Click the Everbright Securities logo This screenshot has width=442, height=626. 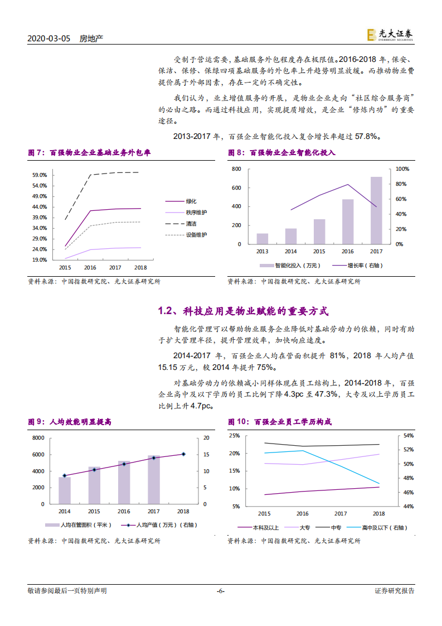pyautogui.click(x=390, y=35)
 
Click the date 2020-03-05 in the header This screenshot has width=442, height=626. pyautogui.click(x=49, y=38)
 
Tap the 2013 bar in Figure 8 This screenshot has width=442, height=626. pyautogui.click(x=262, y=238)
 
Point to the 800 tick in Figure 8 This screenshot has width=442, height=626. pyautogui.click(x=236, y=168)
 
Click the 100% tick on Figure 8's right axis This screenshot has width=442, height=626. pyautogui.click(x=402, y=168)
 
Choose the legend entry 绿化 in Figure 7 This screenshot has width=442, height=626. pyautogui.click(x=191, y=201)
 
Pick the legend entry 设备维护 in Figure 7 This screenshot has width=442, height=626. pyautogui.click(x=196, y=235)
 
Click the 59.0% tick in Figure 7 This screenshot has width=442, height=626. pyautogui.click(x=40, y=175)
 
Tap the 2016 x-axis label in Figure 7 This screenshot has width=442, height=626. pyautogui.click(x=90, y=268)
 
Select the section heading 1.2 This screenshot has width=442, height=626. pyautogui.click(x=243, y=311)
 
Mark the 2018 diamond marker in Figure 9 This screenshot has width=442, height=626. pyautogui.click(x=183, y=454)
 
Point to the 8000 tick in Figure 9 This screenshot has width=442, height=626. pyautogui.click(x=38, y=438)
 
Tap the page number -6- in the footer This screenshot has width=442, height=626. pyautogui.click(x=220, y=591)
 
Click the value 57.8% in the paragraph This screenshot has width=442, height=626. pyautogui.click(x=367, y=136)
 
